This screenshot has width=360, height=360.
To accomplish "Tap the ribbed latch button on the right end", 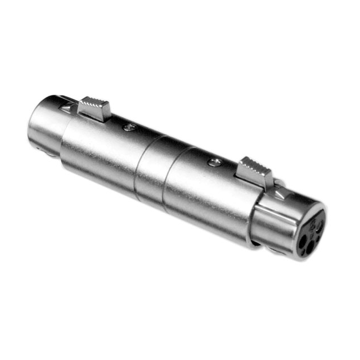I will tap(256, 171).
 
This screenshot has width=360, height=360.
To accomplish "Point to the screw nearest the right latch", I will tap(214, 163).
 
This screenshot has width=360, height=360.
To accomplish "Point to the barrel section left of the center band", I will tap(101, 152).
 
